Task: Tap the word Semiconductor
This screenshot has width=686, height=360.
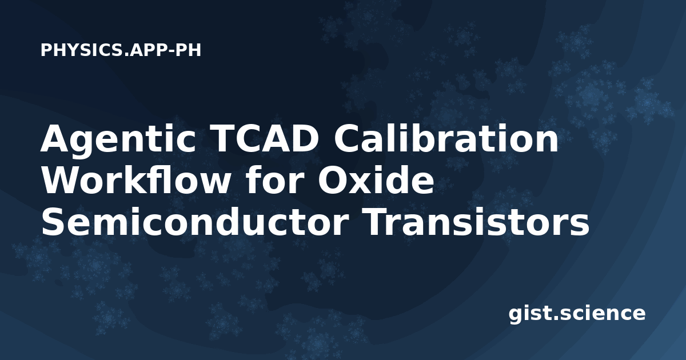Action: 195,222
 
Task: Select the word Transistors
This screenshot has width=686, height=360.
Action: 476,222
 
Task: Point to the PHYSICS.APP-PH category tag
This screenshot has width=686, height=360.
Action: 121,50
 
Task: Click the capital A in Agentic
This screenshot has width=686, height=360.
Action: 55,138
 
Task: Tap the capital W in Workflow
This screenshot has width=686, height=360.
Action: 62,181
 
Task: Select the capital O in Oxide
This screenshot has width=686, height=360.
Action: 332,181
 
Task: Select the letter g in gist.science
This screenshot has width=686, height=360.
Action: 516,316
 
